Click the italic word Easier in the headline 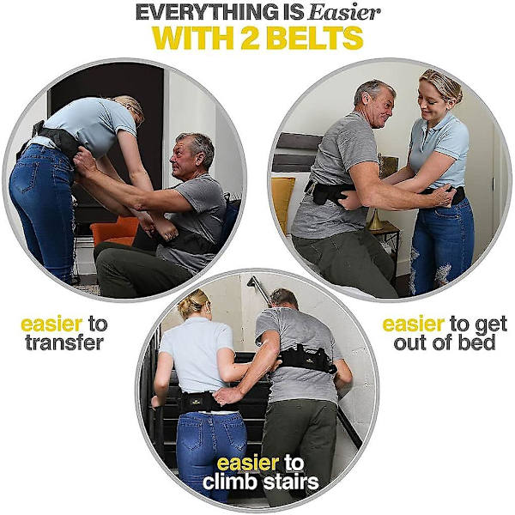(345, 12)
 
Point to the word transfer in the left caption (64, 342)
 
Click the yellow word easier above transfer (51, 324)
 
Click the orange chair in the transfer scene (114, 230)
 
